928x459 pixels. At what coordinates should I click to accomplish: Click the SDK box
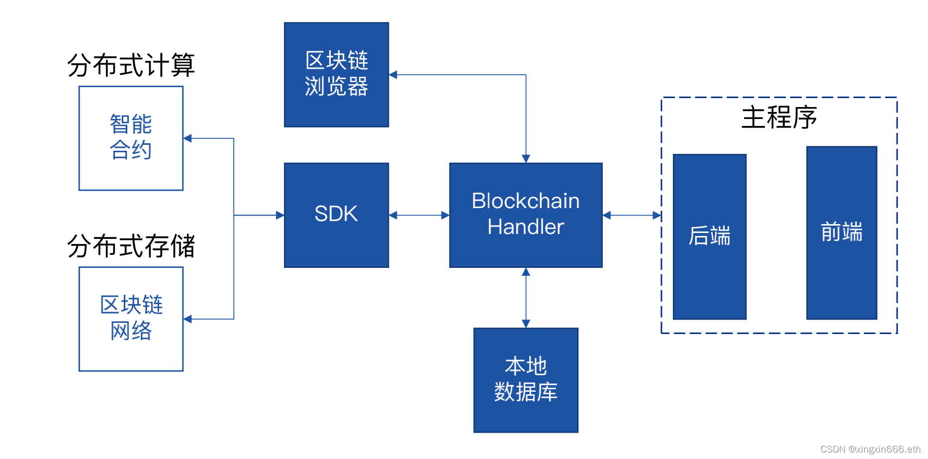(336, 215)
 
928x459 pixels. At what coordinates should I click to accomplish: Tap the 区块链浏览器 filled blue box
(336, 75)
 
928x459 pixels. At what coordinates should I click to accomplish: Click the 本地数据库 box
(526, 380)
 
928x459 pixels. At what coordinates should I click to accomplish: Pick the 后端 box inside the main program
(709, 236)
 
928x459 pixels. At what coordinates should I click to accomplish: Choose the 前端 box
(841, 232)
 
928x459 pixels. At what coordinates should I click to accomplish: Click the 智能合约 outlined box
(131, 138)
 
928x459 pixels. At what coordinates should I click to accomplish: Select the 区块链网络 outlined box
(131, 319)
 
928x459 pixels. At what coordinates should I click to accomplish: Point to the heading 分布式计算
(131, 65)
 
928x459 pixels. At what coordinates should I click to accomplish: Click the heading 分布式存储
(131, 246)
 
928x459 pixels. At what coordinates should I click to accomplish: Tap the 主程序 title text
(779, 117)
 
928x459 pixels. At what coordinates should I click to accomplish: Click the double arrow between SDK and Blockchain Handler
(419, 215)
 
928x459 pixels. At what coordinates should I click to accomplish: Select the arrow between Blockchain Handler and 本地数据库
(526, 298)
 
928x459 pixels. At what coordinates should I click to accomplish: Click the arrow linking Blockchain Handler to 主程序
(632, 215)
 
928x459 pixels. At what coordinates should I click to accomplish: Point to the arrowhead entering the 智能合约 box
(188, 138)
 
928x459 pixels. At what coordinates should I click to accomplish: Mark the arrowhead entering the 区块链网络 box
(188, 319)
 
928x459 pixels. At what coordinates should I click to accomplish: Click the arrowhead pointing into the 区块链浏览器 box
(393, 75)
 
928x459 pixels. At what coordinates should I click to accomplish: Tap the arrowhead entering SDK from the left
(280, 215)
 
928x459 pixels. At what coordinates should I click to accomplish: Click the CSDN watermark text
(870, 449)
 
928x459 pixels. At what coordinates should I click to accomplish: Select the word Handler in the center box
(526, 227)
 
